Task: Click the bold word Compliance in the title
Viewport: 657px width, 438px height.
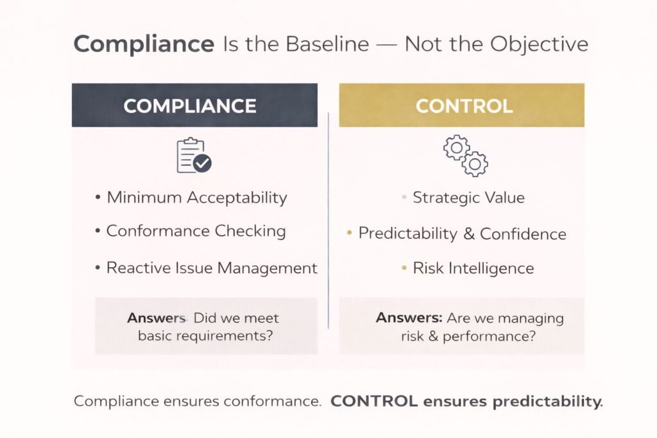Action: [x=143, y=44]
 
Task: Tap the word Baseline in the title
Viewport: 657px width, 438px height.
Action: [x=328, y=44]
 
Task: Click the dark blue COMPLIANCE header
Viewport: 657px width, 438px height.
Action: [x=194, y=106]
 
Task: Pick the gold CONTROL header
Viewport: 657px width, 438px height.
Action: [x=461, y=106]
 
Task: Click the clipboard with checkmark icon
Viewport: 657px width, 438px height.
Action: [x=194, y=156]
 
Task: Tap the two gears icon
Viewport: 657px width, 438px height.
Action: [x=466, y=156]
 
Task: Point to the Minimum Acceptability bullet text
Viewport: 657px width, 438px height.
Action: [x=196, y=198]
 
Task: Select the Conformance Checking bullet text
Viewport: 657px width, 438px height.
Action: [x=196, y=231]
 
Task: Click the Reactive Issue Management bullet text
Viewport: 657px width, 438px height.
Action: [x=211, y=267]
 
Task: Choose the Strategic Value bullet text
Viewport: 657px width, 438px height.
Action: [x=468, y=198]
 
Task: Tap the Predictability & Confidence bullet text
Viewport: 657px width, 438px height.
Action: [x=462, y=234]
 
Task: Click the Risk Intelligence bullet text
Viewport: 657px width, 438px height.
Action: [x=473, y=267]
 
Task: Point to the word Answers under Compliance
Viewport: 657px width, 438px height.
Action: [x=156, y=318]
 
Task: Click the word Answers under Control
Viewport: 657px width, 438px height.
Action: [x=409, y=318]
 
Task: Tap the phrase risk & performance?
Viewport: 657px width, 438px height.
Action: [x=468, y=335]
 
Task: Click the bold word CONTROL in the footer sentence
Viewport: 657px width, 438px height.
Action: [x=371, y=402]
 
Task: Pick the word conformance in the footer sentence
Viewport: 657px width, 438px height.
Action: [x=275, y=402]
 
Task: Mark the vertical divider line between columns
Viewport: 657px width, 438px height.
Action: [x=328, y=218]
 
